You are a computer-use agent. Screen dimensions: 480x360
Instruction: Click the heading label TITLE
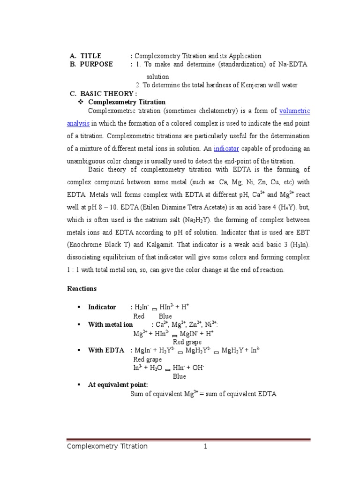pos(90,56)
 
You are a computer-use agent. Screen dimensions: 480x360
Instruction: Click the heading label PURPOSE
pos(96,64)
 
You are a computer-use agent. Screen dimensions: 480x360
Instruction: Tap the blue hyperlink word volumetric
pos(294,111)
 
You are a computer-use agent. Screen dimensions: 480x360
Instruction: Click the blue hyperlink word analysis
pos(78,123)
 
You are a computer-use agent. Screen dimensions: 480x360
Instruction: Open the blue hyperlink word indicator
pos(226,148)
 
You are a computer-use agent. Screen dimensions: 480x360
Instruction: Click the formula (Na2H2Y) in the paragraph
pos(194,220)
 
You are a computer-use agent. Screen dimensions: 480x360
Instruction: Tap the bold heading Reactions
pos(82,288)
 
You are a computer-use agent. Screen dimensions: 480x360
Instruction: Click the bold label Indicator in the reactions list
pos(102,307)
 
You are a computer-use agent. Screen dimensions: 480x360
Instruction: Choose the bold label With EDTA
pos(106,350)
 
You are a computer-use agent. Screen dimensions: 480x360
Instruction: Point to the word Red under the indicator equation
pos(139,316)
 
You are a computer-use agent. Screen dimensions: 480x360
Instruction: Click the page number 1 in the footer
pos(205,446)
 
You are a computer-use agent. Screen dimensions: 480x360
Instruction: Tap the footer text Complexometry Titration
pos(107,446)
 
